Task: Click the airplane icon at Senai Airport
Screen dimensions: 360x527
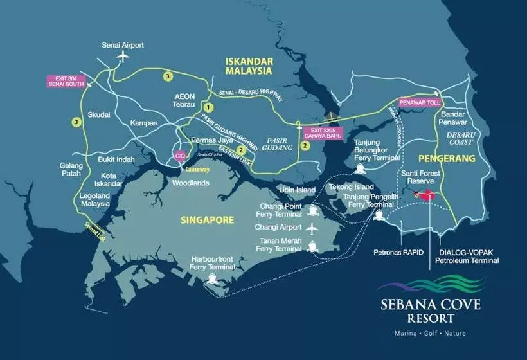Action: [x=122, y=56]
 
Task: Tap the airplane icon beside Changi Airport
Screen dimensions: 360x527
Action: [x=313, y=228]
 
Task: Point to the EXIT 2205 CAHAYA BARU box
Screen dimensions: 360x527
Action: [x=323, y=133]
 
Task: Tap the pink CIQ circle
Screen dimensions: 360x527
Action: [x=181, y=156]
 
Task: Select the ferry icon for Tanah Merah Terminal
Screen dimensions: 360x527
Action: [x=313, y=246]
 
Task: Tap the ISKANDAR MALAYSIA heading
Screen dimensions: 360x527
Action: [x=249, y=66]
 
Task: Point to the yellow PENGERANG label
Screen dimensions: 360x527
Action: [x=446, y=157]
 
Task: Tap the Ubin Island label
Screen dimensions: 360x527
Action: [x=297, y=190]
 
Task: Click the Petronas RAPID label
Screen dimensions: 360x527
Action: [x=398, y=253]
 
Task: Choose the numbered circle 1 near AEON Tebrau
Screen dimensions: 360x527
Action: [x=208, y=107]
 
